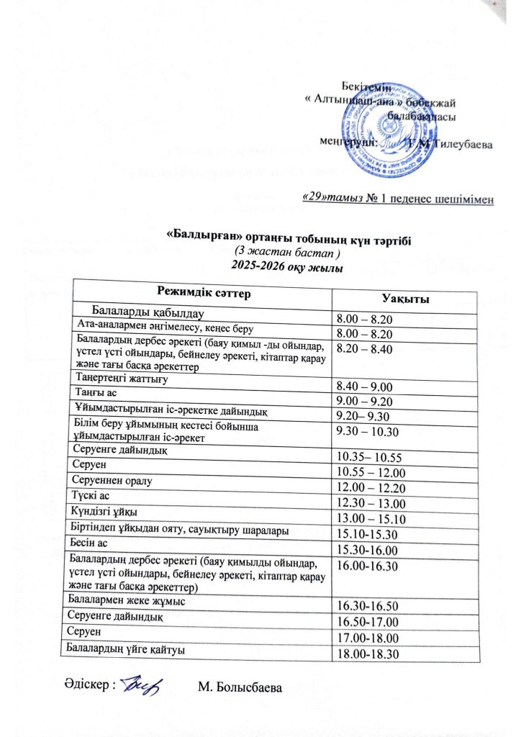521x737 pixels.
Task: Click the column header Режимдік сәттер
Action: pos(204,291)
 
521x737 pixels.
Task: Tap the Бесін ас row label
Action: pos(90,543)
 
